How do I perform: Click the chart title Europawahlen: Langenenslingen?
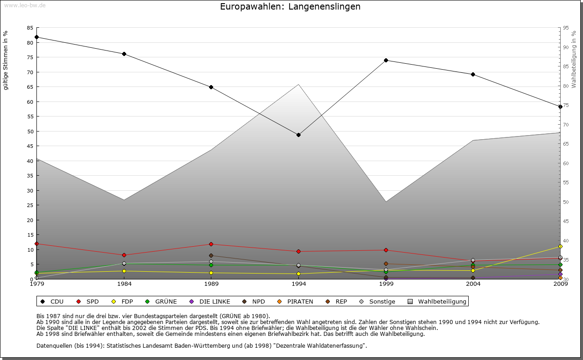pos(290,7)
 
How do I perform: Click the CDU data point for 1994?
pos(298,135)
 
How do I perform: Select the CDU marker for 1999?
pos(386,60)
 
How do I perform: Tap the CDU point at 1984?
pos(124,54)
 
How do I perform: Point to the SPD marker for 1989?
pos(211,244)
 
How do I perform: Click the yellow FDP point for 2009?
pos(560,246)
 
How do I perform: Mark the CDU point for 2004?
pos(473,74)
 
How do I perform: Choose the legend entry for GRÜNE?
pos(162,301)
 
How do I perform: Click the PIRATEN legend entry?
pos(296,301)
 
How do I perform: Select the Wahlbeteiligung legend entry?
pos(437,301)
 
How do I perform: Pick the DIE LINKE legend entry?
pos(210,301)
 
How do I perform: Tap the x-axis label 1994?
pos(298,284)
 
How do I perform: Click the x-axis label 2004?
pos(473,284)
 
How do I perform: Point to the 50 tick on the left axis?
pos(30,132)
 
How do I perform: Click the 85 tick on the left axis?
pos(30,28)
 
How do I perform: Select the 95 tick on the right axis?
pos(566,28)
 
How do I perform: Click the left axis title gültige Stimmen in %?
pos(6,60)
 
